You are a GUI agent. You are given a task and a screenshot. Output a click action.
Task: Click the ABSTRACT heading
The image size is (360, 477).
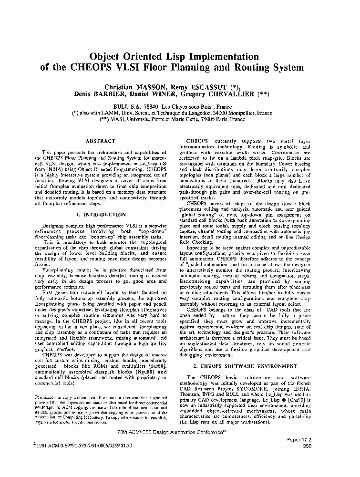pyautogui.click(x=100, y=141)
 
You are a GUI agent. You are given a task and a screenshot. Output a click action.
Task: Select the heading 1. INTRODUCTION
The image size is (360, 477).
pyautogui.click(x=101, y=215)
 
